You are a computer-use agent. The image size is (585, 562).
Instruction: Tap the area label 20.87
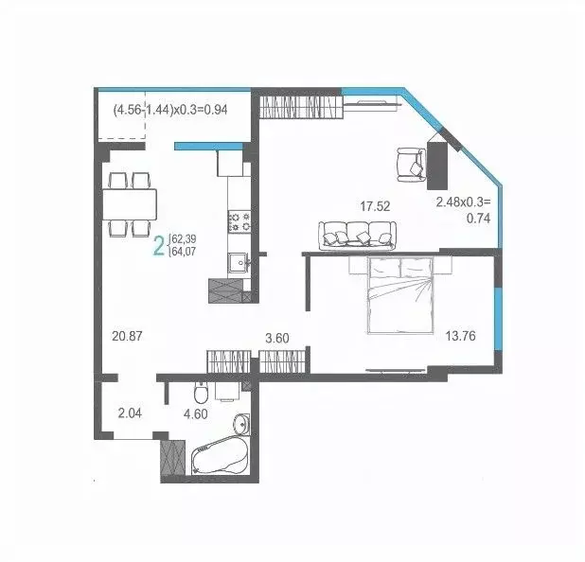coord(125,336)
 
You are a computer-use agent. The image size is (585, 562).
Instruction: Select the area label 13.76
coord(460,334)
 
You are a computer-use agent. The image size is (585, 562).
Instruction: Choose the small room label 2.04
coord(130,413)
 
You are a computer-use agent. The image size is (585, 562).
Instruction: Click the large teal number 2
coord(157,247)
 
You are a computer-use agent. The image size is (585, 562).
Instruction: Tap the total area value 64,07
coord(184,253)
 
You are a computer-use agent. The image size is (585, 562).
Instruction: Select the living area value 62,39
coord(184,238)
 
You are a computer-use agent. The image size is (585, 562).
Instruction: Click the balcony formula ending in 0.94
coord(171,110)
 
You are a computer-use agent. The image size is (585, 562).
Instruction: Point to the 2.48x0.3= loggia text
coord(464,202)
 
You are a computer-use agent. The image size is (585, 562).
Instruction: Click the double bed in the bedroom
coord(400,295)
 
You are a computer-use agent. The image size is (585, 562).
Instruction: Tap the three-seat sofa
coord(356,235)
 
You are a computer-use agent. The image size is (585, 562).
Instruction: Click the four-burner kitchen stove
coord(238,221)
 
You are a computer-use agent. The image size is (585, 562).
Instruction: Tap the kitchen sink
coord(237,262)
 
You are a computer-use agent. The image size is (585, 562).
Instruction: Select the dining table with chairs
coord(130,203)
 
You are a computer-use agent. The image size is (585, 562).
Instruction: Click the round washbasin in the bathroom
coord(239,423)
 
